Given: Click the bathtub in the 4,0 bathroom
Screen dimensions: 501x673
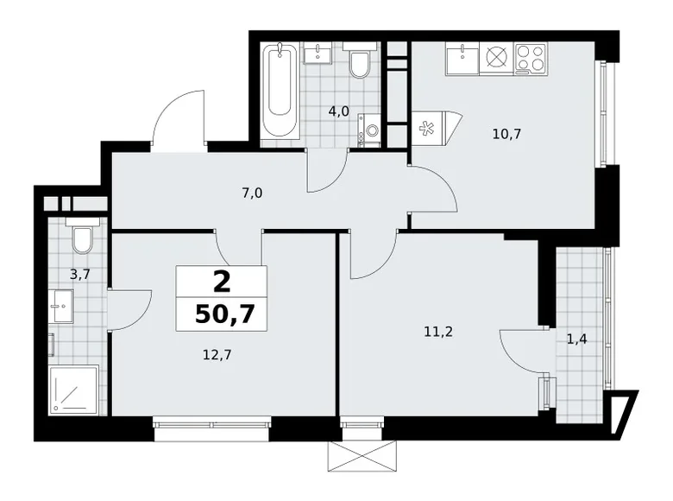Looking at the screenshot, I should pos(280,91).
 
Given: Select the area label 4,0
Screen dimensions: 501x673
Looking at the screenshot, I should pos(337,111).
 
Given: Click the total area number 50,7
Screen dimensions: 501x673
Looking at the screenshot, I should pos(223,313).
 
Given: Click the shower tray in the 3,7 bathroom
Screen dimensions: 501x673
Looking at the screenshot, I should pos(73,390).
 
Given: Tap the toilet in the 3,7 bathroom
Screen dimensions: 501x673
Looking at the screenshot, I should pos(84,238).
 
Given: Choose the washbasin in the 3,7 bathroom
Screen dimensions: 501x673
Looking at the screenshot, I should pos(60,304).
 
